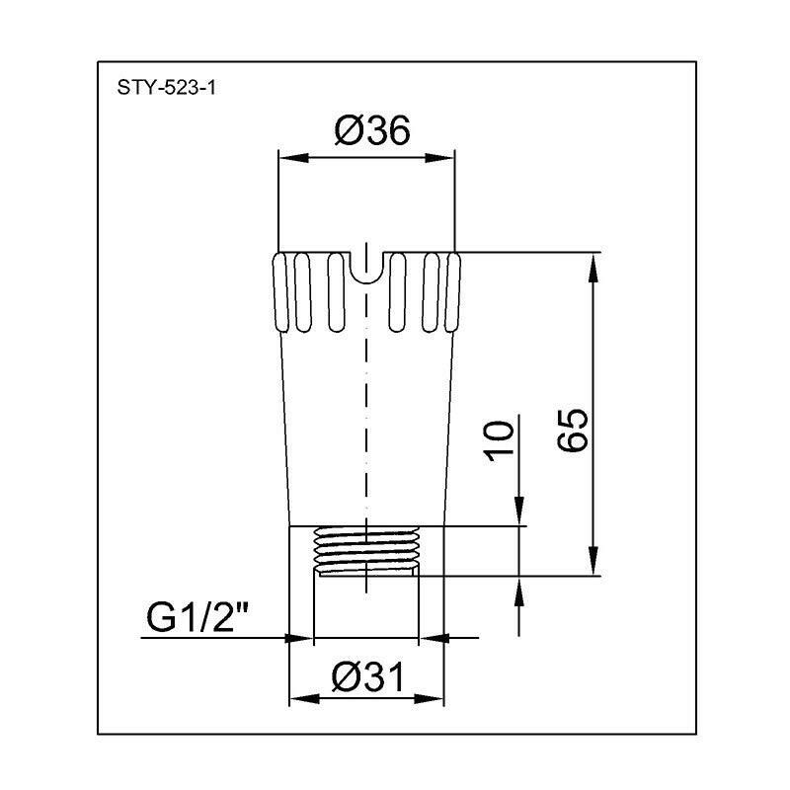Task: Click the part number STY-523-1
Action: (x=166, y=87)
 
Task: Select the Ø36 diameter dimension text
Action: (x=370, y=132)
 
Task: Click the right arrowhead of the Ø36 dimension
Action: (x=447, y=156)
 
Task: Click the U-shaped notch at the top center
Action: (x=366, y=270)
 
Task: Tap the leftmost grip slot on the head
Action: (x=279, y=292)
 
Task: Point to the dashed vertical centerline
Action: (x=366, y=415)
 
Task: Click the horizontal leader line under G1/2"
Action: (x=212, y=638)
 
